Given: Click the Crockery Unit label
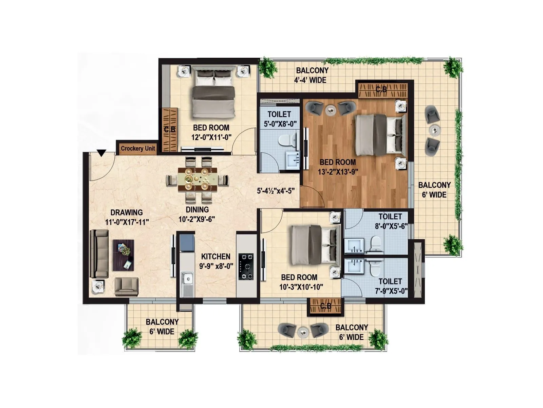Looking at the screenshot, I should (138, 149).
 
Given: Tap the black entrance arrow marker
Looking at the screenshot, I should (101, 153).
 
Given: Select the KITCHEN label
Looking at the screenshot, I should (216, 256).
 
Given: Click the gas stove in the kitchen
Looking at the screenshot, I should (246, 266).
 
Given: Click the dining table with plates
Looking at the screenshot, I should (198, 179).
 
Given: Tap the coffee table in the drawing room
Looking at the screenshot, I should (123, 255).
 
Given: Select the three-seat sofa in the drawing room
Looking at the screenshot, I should (99, 254).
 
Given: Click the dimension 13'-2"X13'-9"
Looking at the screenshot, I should (338, 172).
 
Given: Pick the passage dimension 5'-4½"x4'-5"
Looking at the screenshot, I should (276, 191).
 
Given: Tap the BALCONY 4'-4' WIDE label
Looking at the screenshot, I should (312, 75).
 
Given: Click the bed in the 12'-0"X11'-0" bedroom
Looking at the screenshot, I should (213, 93).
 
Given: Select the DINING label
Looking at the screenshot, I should (197, 209).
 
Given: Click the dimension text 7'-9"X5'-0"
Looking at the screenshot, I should (391, 291).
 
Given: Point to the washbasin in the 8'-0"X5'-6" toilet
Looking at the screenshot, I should (354, 245).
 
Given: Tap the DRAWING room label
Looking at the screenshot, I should (127, 212).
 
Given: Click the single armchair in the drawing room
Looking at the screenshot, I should (126, 286).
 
